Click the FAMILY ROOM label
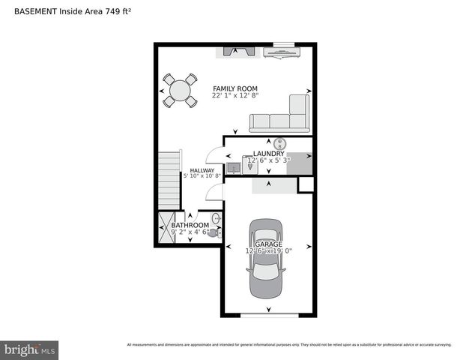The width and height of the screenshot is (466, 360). point(234,88)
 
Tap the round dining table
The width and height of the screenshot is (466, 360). point(180,91)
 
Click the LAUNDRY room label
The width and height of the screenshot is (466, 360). point(268,153)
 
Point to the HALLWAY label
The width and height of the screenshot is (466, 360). point(202,170)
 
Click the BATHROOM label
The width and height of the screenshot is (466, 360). point(190,225)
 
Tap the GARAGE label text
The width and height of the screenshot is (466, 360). point(267,244)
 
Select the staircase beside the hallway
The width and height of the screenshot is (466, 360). point(169,180)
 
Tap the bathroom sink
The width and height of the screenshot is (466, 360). point(216,219)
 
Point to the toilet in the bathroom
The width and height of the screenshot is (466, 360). point(214,233)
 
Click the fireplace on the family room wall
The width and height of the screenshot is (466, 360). point(238,52)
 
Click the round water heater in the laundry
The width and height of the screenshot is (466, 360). point(280,143)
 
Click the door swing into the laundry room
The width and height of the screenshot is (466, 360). point(215,155)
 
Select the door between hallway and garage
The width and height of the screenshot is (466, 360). point(215,191)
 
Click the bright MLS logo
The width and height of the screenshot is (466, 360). point(29,350)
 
